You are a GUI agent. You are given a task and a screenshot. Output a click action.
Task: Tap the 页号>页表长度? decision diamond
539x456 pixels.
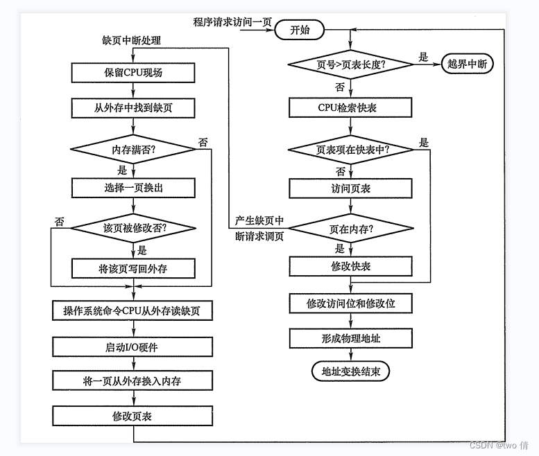coord(351,64)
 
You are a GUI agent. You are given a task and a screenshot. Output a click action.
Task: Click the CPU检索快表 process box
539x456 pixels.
coord(351,108)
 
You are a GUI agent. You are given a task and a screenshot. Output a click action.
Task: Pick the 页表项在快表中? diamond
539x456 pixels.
coord(351,150)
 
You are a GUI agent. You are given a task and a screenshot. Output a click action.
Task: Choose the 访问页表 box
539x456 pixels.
coord(351,188)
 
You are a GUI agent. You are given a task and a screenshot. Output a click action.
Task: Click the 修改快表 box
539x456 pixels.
coord(351,266)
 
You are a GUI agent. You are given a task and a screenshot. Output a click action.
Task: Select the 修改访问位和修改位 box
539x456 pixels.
coord(351,303)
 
